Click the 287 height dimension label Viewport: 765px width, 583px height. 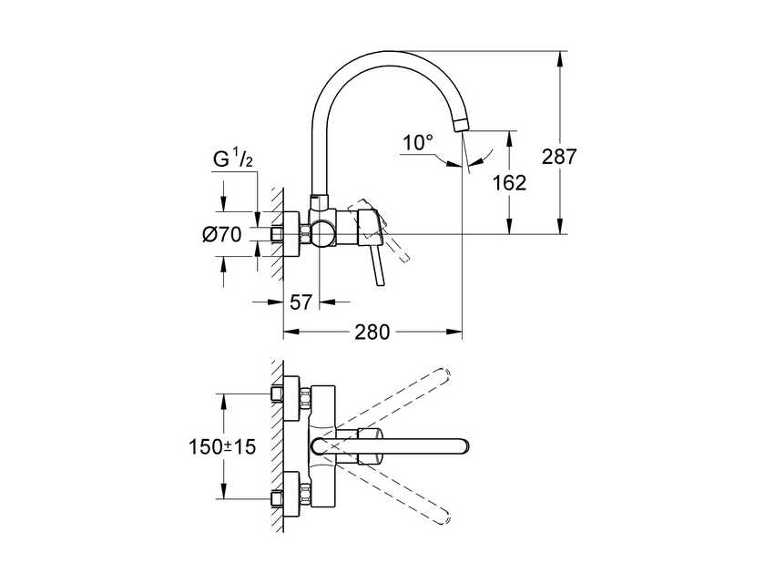pos(559,157)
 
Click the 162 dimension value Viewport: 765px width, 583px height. pos(509,183)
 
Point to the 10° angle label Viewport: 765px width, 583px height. pos(418,143)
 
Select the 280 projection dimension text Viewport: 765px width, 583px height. pos(372,332)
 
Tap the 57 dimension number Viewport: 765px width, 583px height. pos(301,302)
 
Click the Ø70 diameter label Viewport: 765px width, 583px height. pos(222,235)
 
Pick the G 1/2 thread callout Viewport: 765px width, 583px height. pos(233,159)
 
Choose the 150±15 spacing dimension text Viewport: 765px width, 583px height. pos(222,446)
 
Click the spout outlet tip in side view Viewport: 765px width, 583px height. pos(462,125)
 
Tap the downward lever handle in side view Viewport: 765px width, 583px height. pos(378,263)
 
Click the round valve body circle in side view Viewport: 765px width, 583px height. pos(322,234)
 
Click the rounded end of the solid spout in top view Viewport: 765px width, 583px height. pos(463,446)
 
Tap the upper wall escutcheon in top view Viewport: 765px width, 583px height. pos(291,398)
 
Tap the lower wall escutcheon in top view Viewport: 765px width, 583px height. pos(291,494)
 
